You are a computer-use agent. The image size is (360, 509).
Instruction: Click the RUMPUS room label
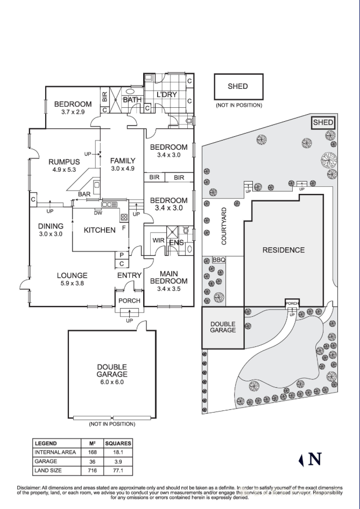[64, 162]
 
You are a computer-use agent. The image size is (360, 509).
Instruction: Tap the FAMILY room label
[123, 161]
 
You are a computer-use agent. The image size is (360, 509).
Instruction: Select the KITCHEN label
[100, 230]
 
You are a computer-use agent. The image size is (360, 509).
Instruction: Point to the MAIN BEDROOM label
[169, 277]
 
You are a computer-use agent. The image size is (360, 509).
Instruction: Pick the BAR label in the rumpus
[84, 194]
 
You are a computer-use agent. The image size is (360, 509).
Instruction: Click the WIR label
[158, 241]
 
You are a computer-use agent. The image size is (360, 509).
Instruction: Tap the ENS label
[177, 243]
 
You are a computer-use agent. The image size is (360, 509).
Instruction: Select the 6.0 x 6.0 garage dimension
[112, 382]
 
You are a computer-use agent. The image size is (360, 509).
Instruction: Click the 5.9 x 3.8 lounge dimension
[72, 283]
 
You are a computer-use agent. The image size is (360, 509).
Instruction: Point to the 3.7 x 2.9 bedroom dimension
[73, 111]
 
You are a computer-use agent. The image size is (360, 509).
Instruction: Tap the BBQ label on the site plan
[218, 260]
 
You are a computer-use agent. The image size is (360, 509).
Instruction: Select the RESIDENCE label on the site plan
[284, 250]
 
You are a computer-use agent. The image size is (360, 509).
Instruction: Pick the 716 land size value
[91, 470]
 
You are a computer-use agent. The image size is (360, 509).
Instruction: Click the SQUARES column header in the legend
[118, 443]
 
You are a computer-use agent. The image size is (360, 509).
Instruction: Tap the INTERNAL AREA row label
[56, 452]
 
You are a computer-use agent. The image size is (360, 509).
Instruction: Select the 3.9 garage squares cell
[117, 461]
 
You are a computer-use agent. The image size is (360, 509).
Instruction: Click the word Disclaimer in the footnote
[29, 487]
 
